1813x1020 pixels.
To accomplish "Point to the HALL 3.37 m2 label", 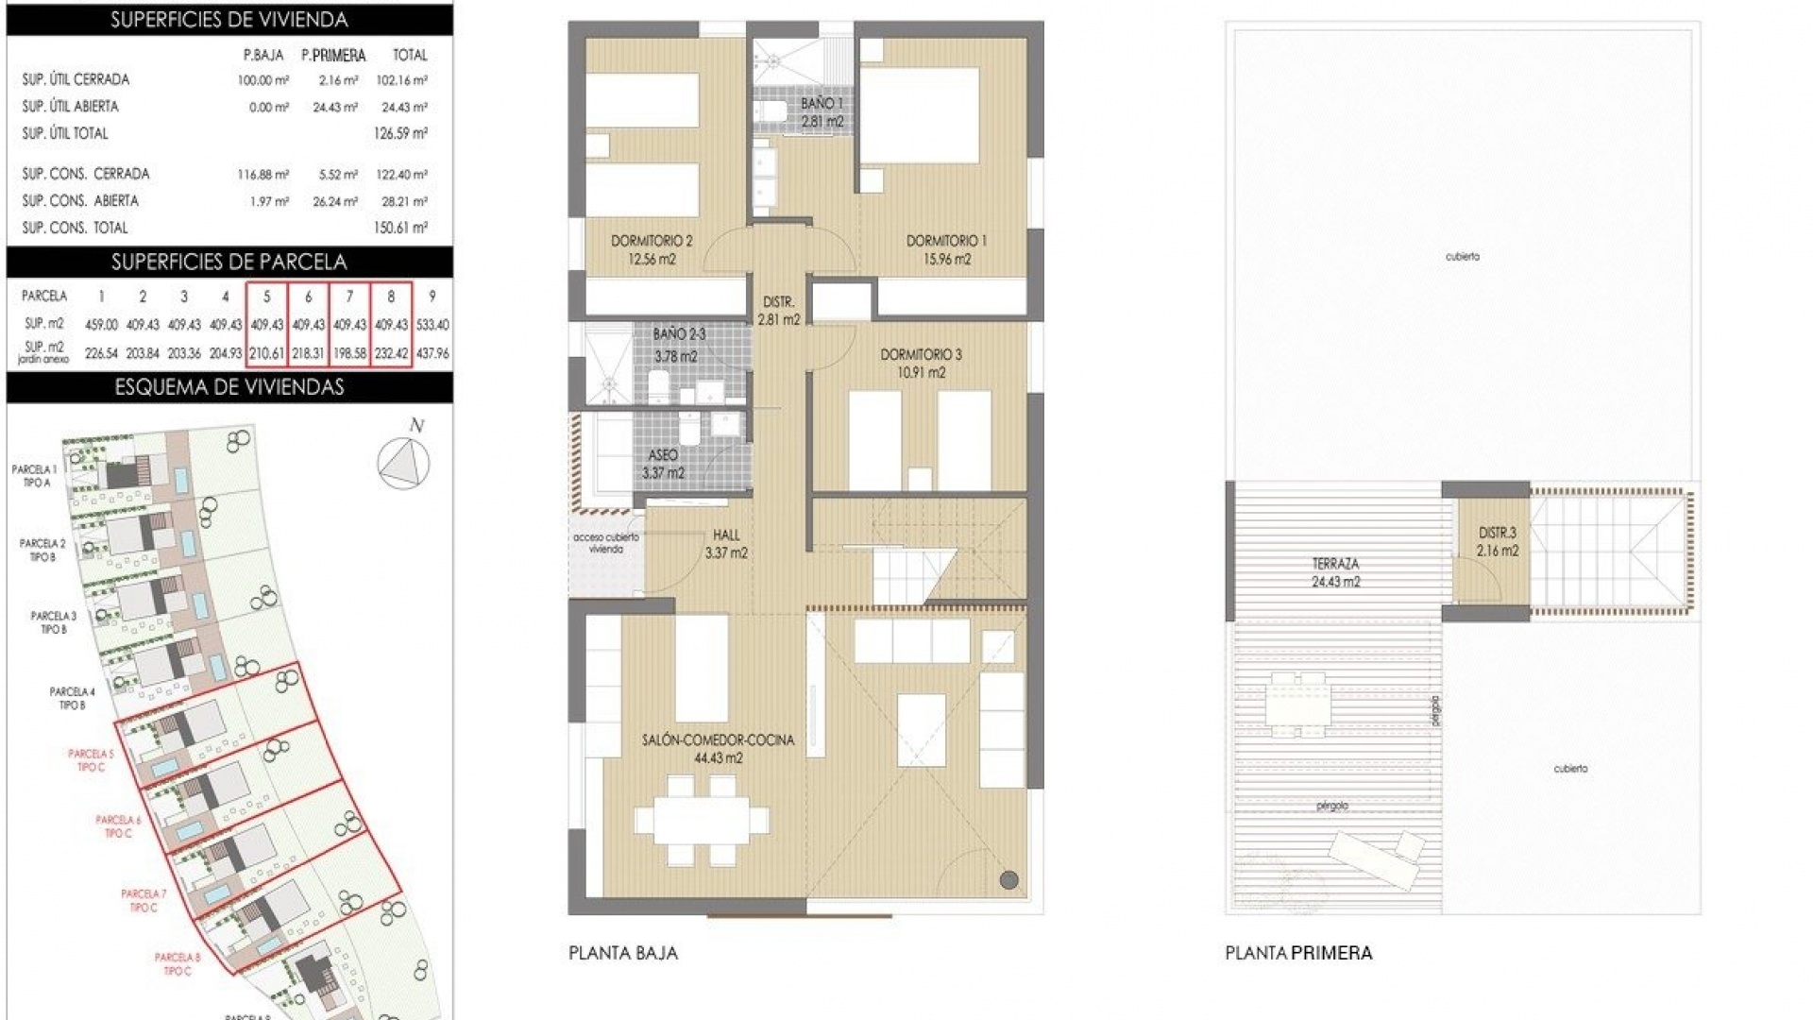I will coord(726,544).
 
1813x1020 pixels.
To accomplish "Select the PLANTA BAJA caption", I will coord(623,953).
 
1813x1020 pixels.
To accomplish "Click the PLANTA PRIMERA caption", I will coord(1298,953).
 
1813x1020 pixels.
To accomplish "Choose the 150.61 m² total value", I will coord(401,228).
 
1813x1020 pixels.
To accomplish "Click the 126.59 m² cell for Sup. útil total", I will coord(401,133).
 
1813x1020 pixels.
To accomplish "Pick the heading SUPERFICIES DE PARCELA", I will coord(229,262).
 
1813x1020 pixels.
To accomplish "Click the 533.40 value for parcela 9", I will coord(432,324).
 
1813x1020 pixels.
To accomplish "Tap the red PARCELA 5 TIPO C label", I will coord(92,760).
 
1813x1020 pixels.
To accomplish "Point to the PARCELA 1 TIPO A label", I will coord(35,476).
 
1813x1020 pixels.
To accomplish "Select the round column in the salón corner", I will coord(1008,880).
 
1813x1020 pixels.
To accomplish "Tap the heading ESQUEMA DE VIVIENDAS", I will coord(229,386).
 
